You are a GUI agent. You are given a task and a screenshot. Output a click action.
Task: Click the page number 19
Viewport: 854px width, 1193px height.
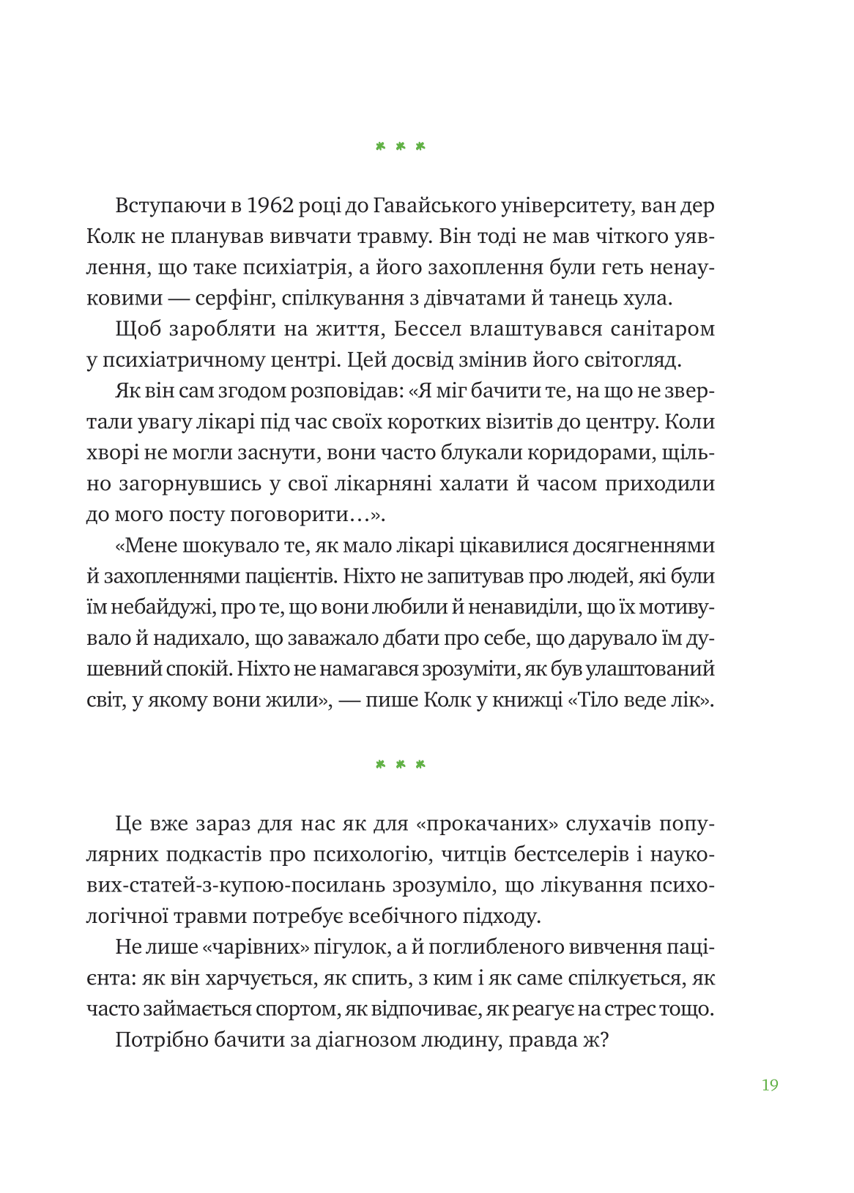(769, 1085)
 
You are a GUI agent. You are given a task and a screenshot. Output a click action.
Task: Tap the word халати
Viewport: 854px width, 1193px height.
(472, 484)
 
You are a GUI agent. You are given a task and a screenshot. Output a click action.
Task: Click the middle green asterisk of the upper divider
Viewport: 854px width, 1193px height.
(400, 146)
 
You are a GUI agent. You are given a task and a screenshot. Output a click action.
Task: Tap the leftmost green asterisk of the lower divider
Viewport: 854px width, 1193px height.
(380, 765)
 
